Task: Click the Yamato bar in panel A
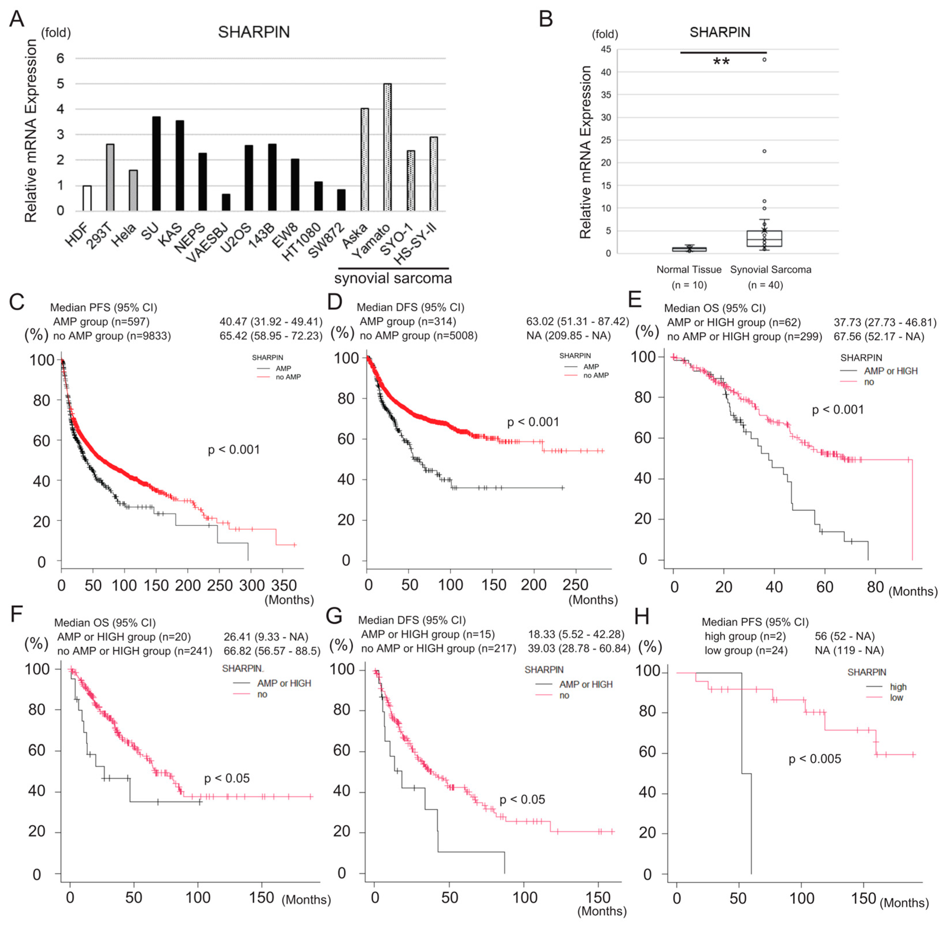(387, 147)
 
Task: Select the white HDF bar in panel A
(87, 198)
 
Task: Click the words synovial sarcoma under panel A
(393, 278)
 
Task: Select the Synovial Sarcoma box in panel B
(764, 239)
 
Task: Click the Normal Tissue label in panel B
(689, 269)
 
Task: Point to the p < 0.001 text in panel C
(234, 450)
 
